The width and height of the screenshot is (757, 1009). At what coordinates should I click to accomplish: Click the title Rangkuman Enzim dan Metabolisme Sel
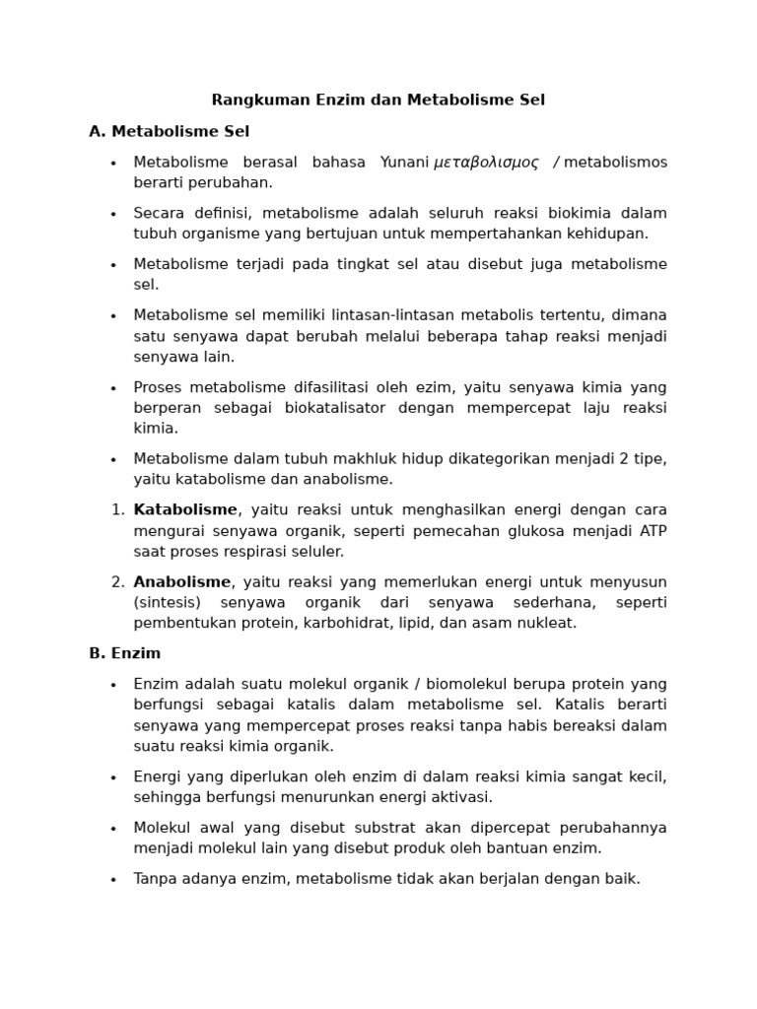point(378,100)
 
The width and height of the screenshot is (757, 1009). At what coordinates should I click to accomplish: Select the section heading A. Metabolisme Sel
point(169,131)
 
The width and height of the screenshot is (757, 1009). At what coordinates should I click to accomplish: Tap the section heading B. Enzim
point(124,653)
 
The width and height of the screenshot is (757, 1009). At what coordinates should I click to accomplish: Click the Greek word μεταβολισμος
point(486,163)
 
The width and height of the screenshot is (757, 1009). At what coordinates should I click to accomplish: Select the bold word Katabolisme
point(185,509)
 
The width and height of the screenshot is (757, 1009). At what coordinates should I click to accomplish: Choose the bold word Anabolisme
point(182,581)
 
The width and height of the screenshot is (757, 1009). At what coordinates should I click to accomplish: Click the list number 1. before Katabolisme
point(117,510)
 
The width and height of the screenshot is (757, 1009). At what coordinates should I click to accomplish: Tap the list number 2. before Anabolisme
point(117,582)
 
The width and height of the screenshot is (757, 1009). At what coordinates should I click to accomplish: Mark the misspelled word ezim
point(449,387)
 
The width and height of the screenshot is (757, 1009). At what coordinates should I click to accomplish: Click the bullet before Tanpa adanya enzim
point(113,879)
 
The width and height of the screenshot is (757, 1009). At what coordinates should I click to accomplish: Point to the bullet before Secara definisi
point(113,214)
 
